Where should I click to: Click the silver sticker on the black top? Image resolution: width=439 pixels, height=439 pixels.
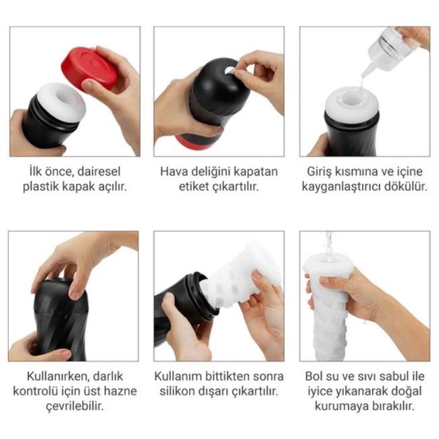pos(230,71)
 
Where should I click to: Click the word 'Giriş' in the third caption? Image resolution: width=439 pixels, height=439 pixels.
pos(319,172)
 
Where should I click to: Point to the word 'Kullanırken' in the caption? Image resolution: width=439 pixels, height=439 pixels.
pos(58,376)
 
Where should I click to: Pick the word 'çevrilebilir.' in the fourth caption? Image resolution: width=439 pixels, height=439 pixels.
pos(75,406)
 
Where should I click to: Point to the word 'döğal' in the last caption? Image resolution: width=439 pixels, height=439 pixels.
pos(406,391)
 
